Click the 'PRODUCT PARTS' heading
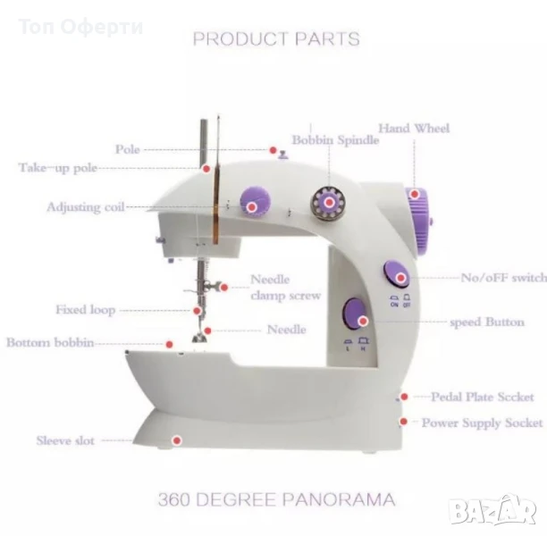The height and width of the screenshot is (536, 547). (x=276, y=38)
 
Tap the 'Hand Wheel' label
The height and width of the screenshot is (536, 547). (x=414, y=129)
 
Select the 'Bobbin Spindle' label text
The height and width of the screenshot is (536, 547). (x=329, y=141)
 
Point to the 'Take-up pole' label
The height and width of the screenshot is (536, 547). (x=58, y=167)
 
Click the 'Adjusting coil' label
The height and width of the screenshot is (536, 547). (x=86, y=207)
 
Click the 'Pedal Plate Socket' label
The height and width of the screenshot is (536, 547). (x=483, y=397)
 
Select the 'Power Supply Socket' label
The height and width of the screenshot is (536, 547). (x=482, y=423)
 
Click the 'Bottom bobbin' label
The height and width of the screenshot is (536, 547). (x=51, y=342)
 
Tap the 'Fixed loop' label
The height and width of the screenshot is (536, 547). (x=85, y=310)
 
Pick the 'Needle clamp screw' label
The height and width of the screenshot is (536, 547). (x=284, y=287)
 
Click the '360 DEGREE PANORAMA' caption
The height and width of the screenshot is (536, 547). (x=276, y=499)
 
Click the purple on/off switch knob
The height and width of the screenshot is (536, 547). (x=394, y=274)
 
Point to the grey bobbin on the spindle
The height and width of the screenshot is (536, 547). (x=330, y=204)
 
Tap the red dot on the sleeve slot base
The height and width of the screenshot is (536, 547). (x=177, y=440)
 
